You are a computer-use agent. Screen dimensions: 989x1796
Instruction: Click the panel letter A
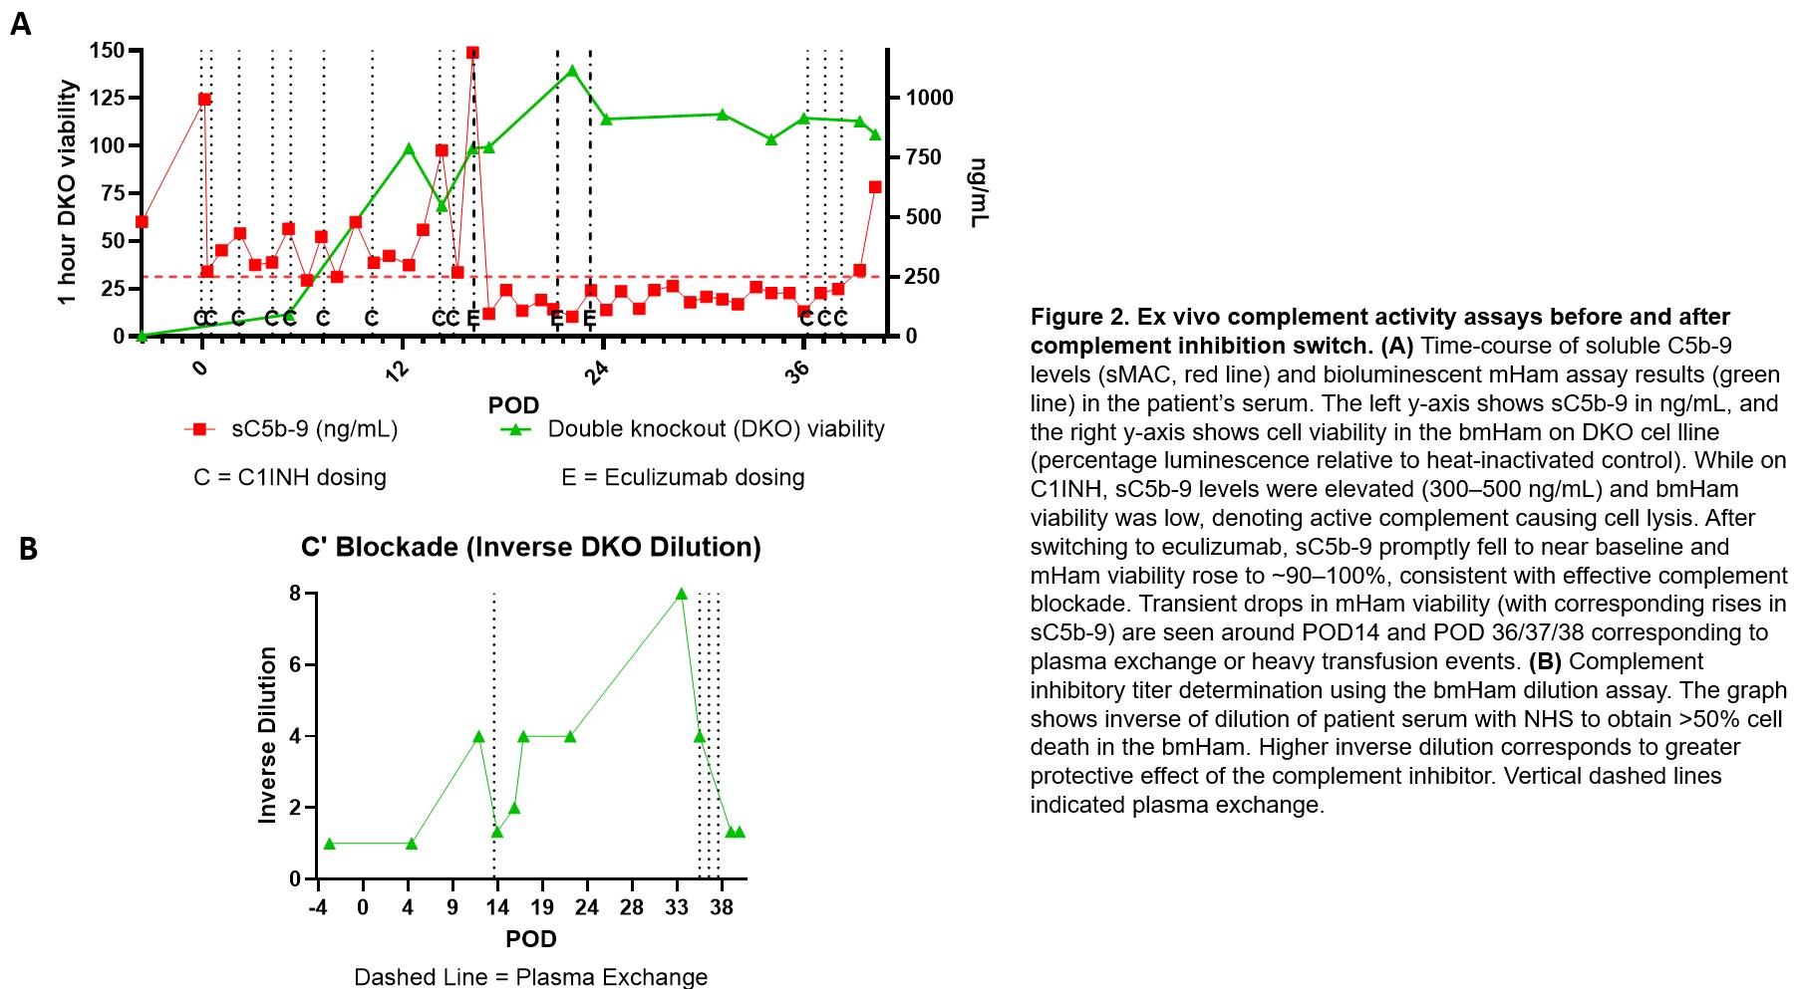click(x=20, y=24)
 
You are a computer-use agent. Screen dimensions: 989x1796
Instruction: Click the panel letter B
click(x=28, y=549)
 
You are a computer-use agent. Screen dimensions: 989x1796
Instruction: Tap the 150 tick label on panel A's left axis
click(x=107, y=51)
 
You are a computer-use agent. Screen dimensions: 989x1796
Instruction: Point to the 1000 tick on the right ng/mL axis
click(x=929, y=98)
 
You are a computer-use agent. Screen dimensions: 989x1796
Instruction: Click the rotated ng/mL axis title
click(x=979, y=192)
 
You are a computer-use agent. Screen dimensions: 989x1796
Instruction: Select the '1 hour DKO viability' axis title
click(x=67, y=192)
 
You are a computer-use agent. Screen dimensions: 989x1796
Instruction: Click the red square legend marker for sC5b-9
click(x=200, y=429)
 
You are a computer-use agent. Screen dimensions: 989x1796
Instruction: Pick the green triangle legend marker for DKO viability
click(x=515, y=429)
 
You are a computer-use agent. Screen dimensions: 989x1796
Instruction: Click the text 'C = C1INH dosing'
click(x=290, y=477)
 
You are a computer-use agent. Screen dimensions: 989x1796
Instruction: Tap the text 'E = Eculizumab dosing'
click(x=683, y=477)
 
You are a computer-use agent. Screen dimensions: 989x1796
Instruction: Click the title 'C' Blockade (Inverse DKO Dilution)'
click(x=531, y=547)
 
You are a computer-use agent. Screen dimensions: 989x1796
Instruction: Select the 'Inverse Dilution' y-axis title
click(x=267, y=735)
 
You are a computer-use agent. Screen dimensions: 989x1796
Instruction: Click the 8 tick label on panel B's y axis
click(x=295, y=594)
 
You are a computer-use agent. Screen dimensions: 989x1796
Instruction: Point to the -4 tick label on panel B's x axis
click(x=317, y=907)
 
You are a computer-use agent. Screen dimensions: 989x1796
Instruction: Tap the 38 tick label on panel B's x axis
click(x=722, y=907)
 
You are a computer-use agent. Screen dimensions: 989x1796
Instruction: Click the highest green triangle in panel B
click(x=682, y=595)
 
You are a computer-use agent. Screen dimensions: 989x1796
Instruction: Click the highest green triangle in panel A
click(x=572, y=72)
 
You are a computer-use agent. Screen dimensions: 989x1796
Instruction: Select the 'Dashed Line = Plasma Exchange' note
click(x=530, y=977)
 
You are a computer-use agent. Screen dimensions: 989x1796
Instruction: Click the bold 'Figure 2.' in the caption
click(x=1079, y=317)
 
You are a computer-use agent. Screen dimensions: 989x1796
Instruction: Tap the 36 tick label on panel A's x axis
click(x=797, y=371)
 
